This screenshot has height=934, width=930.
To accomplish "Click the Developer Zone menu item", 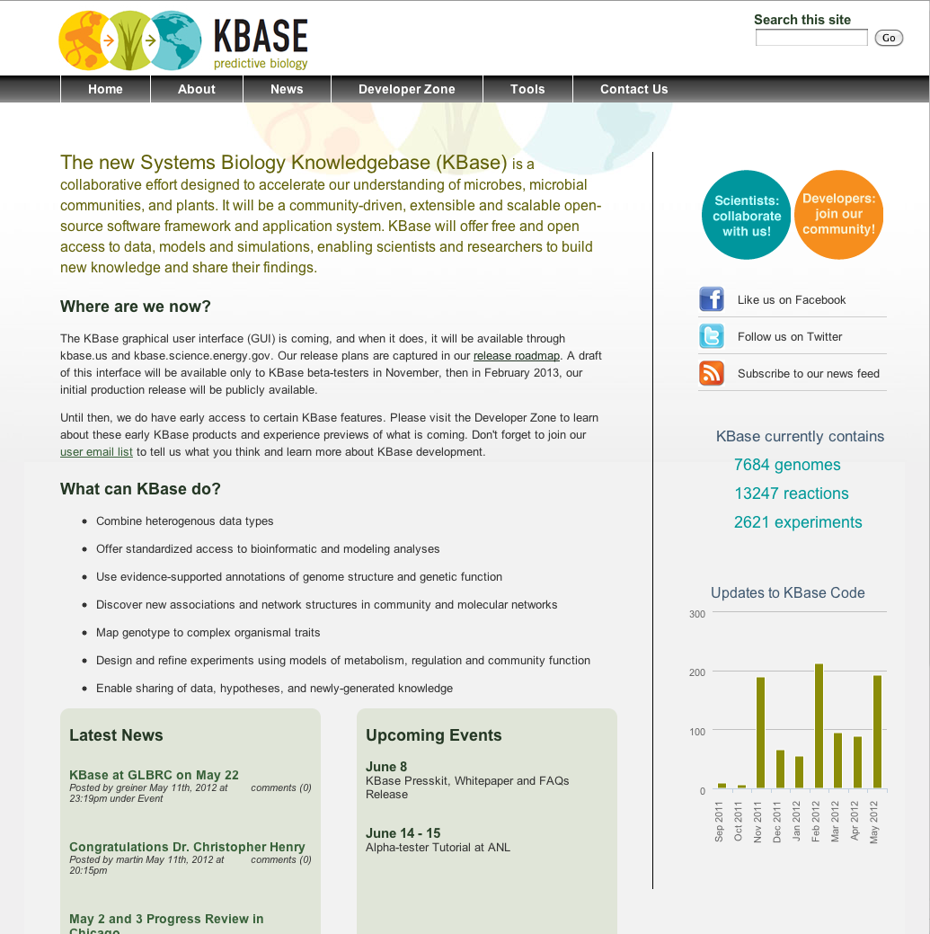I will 406,89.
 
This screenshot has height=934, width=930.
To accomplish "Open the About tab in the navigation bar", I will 196,89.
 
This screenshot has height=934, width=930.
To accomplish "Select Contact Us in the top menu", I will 633,89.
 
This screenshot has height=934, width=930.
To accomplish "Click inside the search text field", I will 810,38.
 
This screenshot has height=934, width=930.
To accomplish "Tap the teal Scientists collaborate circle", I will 746,216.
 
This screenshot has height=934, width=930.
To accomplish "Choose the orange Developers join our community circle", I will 838,214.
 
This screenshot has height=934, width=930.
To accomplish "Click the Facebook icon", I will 712,299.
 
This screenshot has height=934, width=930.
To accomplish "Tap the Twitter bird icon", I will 712,336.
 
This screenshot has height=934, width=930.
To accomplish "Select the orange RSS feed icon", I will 712,373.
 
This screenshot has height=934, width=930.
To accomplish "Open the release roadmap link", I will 517,356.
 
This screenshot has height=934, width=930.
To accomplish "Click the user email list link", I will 96,452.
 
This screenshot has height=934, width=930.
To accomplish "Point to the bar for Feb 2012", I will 819,726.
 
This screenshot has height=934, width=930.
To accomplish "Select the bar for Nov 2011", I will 760,733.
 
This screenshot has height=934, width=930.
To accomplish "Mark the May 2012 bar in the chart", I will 877,732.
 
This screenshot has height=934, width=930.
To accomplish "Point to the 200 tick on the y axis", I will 697,672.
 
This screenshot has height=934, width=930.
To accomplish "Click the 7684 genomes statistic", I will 787,465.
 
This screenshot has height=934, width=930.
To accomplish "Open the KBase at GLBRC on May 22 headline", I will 154,775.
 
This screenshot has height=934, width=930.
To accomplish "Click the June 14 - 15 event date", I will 403,833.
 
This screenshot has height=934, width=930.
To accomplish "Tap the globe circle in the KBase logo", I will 174,40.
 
